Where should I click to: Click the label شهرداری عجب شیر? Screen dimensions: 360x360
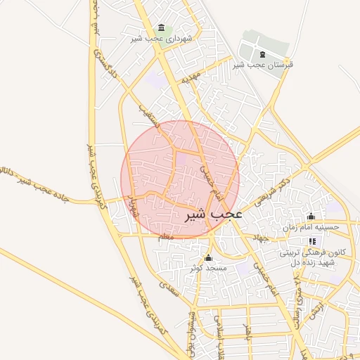(153, 38)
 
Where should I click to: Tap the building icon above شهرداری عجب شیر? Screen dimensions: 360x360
(162, 27)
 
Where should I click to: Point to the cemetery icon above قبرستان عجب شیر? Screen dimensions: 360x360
(262, 53)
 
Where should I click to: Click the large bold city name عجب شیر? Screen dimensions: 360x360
(213, 214)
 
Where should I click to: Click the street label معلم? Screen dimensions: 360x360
(166, 238)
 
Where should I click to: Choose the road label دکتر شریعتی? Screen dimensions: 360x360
(271, 187)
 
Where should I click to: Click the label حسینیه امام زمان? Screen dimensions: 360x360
(316, 227)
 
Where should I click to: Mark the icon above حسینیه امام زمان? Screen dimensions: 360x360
(311, 216)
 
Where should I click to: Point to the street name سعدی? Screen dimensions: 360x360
(168, 289)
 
